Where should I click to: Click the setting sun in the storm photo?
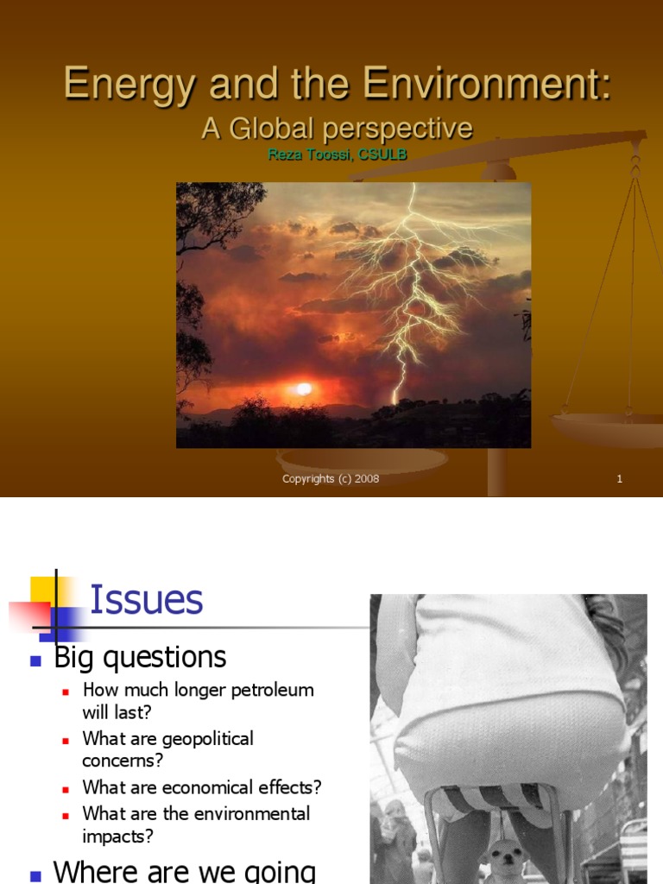(x=302, y=389)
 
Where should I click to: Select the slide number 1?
(x=619, y=479)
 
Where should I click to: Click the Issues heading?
(x=146, y=599)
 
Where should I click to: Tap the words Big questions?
(x=140, y=658)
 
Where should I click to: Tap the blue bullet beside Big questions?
(x=36, y=660)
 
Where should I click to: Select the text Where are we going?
(x=184, y=869)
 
